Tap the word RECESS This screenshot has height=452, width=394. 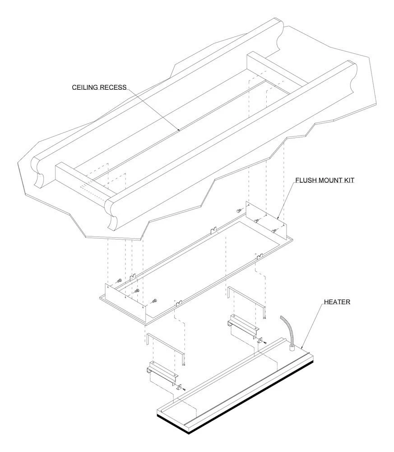pos(113,87)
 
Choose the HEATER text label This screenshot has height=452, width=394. pos(337,302)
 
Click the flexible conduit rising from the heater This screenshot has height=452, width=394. pos(287,329)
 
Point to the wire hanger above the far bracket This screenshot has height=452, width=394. pos(166,349)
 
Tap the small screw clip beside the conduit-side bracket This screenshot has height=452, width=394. pos(261,340)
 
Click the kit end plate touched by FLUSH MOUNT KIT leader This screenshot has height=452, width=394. pos(266,221)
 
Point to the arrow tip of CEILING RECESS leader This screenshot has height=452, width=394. pos(180,131)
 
